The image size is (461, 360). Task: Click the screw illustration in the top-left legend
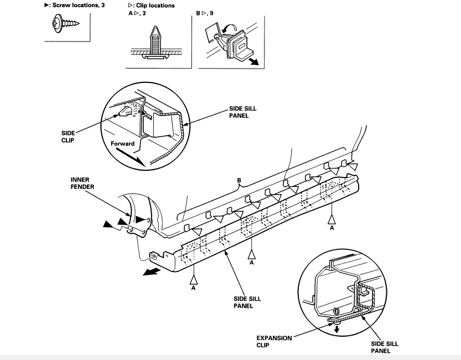64,24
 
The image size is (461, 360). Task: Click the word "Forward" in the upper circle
122,142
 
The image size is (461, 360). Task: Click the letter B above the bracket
240,180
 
